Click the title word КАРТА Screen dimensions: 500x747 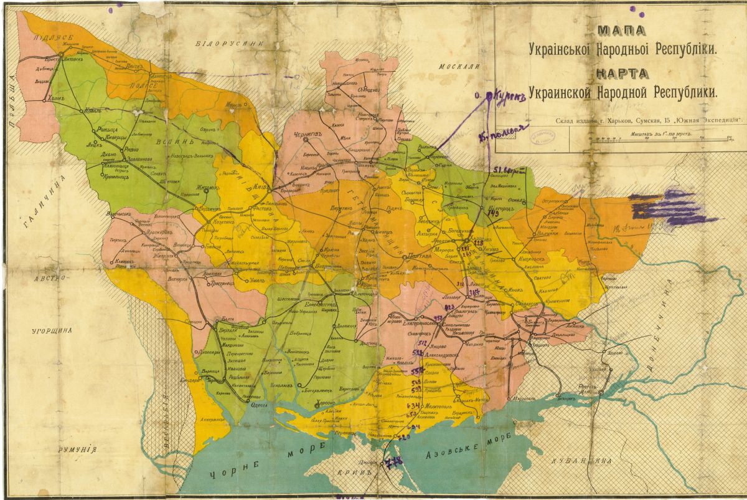coord(622,74)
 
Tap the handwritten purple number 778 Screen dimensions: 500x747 coord(394,462)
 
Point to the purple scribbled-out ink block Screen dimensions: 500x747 coord(672,206)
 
